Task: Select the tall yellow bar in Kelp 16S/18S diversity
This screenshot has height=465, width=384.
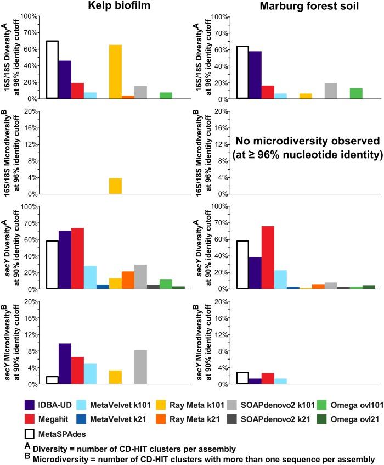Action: pyautogui.click(x=115, y=71)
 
